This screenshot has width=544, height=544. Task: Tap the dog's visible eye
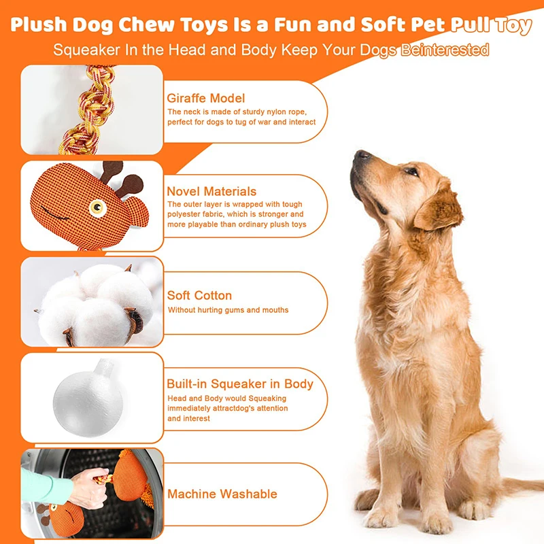(x=410, y=171)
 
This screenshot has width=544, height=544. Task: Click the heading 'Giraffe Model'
(x=205, y=98)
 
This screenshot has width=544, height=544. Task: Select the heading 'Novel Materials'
(x=211, y=192)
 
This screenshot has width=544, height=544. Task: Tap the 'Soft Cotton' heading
(x=199, y=295)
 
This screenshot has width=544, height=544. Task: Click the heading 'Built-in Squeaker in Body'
(x=240, y=384)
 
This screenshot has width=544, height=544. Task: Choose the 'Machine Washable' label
(x=222, y=494)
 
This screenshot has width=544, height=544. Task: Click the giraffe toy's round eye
(x=100, y=203)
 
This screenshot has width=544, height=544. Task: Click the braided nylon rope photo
(x=91, y=108)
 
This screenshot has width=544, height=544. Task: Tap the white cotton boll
(x=95, y=299)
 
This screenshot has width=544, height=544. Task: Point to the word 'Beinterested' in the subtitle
(x=445, y=50)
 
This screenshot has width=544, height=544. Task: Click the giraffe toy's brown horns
(x=120, y=177)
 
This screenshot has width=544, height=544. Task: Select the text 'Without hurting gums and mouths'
(x=227, y=310)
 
